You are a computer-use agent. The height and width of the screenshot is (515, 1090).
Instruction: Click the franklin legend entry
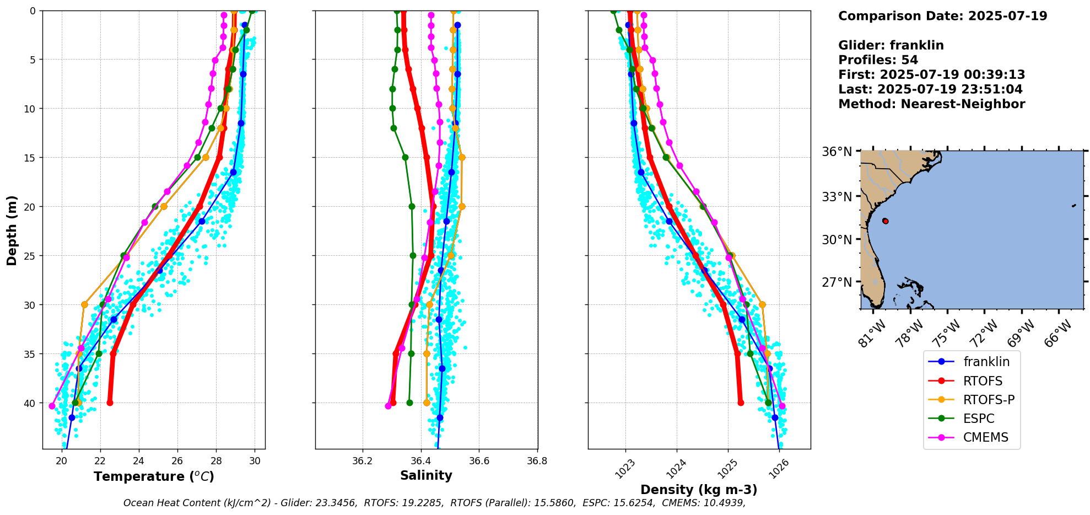coord(986,362)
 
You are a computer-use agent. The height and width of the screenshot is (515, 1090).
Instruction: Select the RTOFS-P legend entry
coord(989,400)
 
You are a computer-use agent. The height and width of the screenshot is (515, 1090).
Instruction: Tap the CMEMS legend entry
coord(985,437)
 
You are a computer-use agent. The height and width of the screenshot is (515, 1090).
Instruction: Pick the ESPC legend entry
coord(979,419)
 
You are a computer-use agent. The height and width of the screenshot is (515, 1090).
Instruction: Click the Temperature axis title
coord(154,476)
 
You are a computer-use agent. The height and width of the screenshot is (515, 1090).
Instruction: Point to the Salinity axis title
coord(426,476)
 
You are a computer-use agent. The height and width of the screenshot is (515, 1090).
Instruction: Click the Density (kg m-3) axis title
coord(699,490)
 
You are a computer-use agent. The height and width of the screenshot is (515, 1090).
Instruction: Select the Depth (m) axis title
coord(12,230)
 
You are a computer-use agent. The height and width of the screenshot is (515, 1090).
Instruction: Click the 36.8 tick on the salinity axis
coord(537,461)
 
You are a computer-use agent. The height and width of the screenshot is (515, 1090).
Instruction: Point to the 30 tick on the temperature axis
coord(255,461)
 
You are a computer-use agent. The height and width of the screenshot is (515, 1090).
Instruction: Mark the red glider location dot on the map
coord(885,221)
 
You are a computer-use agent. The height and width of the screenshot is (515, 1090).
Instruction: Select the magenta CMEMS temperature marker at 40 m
coord(52,406)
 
